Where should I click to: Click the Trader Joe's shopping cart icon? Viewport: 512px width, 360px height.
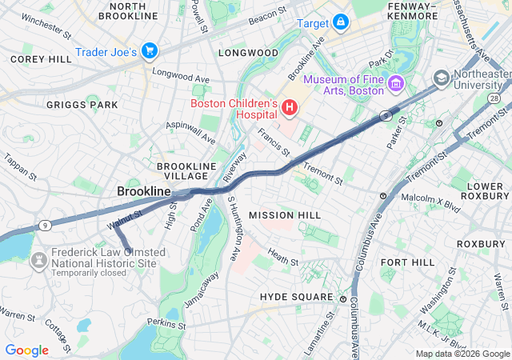pyautogui.click(x=149, y=52)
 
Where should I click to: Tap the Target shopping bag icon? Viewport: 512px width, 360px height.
pyautogui.click(x=341, y=22)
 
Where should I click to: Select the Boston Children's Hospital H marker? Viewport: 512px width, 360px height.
pyautogui.click(x=289, y=106)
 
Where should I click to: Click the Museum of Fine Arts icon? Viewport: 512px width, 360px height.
pyautogui.click(x=394, y=84)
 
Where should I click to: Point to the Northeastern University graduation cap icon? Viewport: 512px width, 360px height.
pyautogui.click(x=441, y=79)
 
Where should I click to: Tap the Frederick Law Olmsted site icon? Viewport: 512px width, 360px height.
pyautogui.click(x=37, y=262)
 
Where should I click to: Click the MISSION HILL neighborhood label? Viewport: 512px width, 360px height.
pyautogui.click(x=284, y=215)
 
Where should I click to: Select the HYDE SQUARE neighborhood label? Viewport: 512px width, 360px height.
pyautogui.click(x=296, y=297)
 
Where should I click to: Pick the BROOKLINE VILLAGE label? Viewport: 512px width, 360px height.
pyautogui.click(x=187, y=171)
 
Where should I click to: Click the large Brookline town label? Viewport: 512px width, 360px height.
pyautogui.click(x=144, y=192)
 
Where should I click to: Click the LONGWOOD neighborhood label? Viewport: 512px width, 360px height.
pyautogui.click(x=248, y=53)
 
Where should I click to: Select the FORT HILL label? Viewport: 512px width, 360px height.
pyautogui.click(x=407, y=262)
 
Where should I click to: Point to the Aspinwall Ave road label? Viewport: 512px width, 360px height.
pyautogui.click(x=190, y=132)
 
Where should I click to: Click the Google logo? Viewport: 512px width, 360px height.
pyautogui.click(x=26, y=350)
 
